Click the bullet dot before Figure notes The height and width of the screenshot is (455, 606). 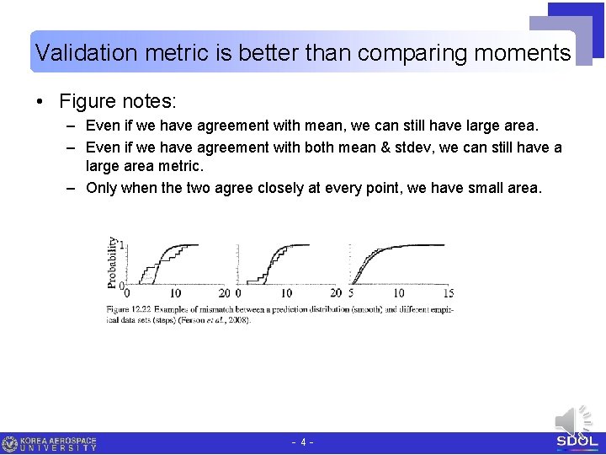(40, 102)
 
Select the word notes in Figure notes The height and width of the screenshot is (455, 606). (149, 102)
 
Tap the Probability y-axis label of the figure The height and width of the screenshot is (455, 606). (113, 262)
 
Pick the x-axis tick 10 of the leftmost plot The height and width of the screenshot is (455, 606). (175, 293)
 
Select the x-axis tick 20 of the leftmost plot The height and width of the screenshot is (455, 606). (225, 293)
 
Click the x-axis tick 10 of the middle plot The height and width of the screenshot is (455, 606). (287, 293)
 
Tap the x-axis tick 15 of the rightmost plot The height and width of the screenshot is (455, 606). (448, 293)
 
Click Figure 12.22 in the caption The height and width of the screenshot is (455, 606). (131, 309)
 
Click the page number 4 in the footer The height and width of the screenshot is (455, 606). (303, 442)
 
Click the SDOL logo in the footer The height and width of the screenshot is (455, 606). (577, 442)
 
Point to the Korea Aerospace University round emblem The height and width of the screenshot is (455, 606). (10, 443)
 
